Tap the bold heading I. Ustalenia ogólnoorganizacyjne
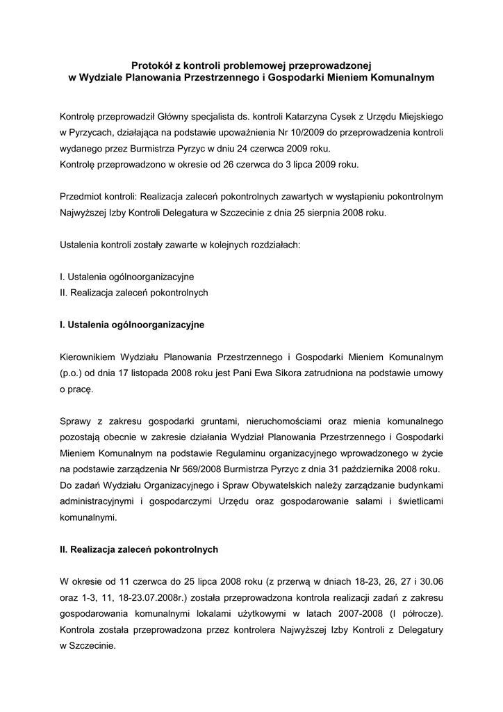tap(132, 324)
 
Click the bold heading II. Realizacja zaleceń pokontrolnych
tap(139, 549)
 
